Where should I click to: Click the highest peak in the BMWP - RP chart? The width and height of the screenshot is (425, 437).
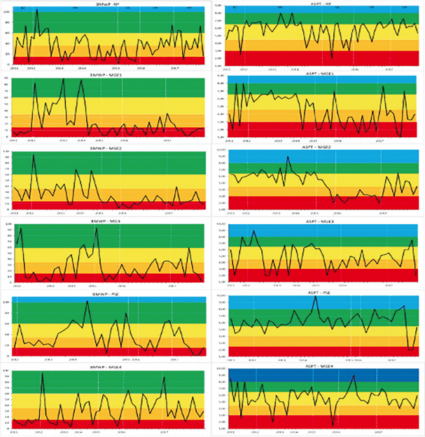click(x=36, y=9)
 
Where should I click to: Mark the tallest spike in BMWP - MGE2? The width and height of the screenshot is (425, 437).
click(x=33, y=155)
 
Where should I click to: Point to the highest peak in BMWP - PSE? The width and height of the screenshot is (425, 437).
click(x=87, y=301)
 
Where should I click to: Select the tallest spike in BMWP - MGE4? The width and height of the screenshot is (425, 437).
click(x=42, y=373)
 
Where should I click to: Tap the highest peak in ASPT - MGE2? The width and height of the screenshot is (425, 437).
click(x=288, y=156)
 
